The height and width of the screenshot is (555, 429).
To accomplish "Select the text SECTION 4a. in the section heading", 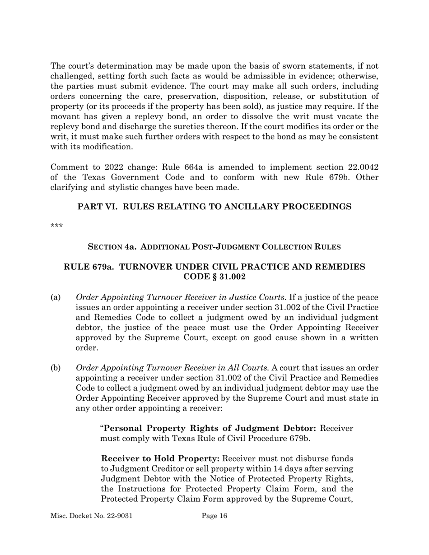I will click(107, 247).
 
